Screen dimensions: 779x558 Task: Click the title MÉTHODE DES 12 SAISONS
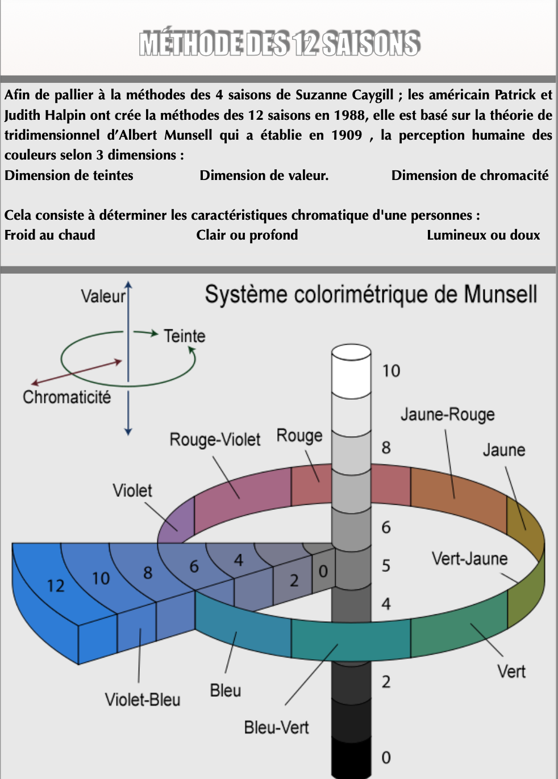pyautogui.click(x=280, y=44)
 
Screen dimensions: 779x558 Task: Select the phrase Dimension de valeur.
pyautogui.click(x=264, y=175)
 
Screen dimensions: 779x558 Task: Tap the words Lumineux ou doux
pyautogui.click(x=483, y=235)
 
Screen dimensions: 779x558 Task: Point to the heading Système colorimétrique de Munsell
pyautogui.click(x=370, y=295)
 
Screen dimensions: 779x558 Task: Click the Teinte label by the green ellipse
pyautogui.click(x=185, y=336)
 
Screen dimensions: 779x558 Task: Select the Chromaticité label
pyautogui.click(x=66, y=397)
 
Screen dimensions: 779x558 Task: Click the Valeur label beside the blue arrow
pyautogui.click(x=103, y=296)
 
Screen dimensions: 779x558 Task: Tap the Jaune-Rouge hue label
pyautogui.click(x=447, y=414)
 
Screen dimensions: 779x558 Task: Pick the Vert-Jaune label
pyautogui.click(x=469, y=559)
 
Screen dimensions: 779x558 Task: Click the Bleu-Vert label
pyautogui.click(x=276, y=727)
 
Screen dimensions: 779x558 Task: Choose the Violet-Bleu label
pyautogui.click(x=143, y=700)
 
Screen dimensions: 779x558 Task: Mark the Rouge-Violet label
pyautogui.click(x=215, y=439)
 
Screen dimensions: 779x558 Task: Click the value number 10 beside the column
pyautogui.click(x=391, y=371)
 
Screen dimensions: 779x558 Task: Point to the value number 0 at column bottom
pyautogui.click(x=386, y=757)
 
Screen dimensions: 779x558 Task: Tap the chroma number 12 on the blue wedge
pyautogui.click(x=56, y=585)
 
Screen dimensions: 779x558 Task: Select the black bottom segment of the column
pyautogui.click(x=351, y=759)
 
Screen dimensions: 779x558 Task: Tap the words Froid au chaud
pyautogui.click(x=50, y=235)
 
